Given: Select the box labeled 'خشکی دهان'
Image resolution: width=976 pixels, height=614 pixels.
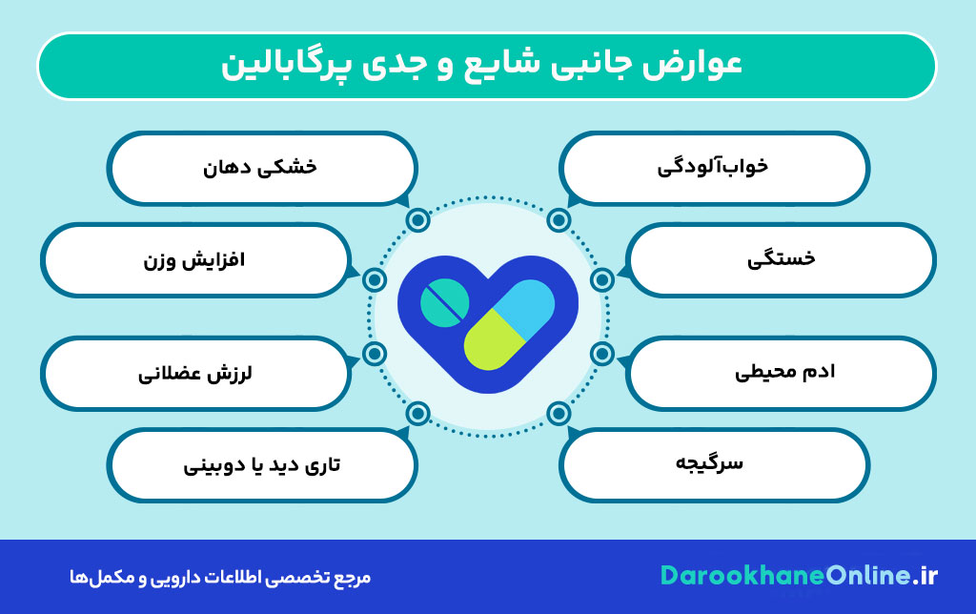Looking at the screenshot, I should click(261, 168).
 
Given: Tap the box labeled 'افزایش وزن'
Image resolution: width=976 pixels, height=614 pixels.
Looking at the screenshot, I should click(194, 258).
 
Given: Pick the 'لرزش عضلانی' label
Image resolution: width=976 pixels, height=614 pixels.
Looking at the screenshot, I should click(194, 372).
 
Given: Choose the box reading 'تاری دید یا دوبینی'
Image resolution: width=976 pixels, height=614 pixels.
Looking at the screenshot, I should click(261, 465).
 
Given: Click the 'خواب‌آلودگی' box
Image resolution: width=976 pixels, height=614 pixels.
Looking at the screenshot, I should click(713, 168).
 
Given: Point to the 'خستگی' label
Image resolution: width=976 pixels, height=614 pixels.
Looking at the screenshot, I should click(783, 258).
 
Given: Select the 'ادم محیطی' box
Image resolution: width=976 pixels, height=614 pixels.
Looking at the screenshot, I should click(783, 372).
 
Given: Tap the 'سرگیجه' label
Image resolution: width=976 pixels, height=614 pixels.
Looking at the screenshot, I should click(713, 465).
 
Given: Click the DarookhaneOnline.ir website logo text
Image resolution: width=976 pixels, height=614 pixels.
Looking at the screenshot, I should click(799, 577).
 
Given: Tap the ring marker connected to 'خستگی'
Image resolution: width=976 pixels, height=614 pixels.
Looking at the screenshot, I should click(601, 279).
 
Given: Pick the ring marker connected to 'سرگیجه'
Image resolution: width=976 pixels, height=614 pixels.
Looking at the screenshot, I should click(559, 413).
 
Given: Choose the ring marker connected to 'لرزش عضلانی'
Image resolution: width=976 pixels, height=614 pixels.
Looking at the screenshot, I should click(375, 354).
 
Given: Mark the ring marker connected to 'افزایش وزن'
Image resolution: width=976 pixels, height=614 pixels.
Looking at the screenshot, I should click(375, 279).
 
